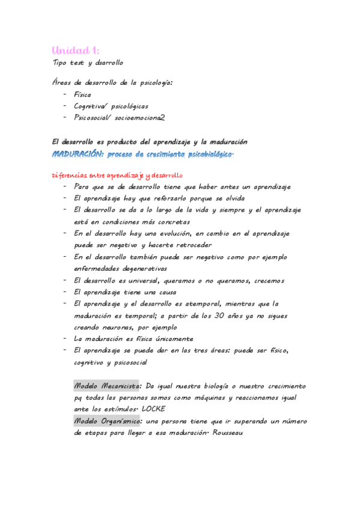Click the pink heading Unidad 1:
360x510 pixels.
(x=75, y=50)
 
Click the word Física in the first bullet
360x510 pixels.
(x=82, y=94)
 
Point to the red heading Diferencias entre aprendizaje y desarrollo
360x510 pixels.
(x=117, y=175)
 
